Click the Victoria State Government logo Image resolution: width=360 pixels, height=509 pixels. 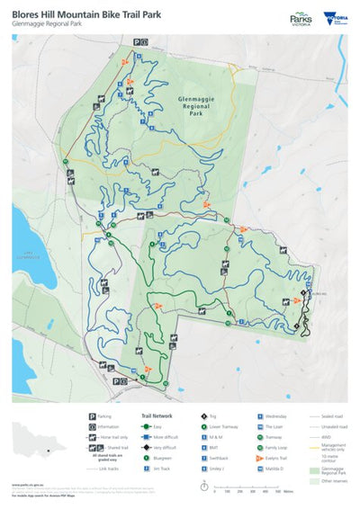(x=335, y=17)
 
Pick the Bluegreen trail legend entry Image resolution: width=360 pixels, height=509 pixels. (x=162, y=457)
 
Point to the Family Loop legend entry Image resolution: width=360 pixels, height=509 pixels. (x=279, y=447)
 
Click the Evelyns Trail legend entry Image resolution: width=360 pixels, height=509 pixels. (x=280, y=457)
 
